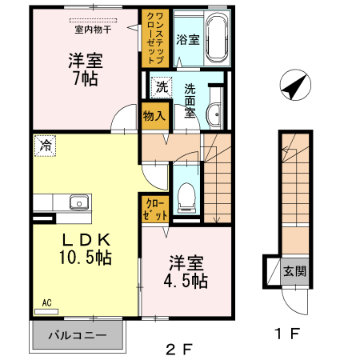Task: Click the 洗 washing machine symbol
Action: (161, 86)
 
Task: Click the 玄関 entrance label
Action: (294, 270)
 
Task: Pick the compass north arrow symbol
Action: (294, 85)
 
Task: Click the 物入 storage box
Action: (154, 116)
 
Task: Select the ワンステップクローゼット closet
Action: (154, 38)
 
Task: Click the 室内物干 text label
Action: (92, 29)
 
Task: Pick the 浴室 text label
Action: (187, 38)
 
